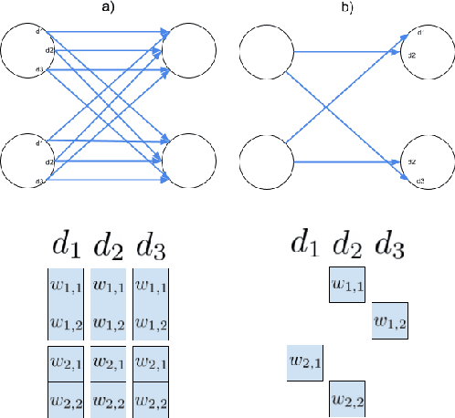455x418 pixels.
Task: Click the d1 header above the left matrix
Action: (x=66, y=246)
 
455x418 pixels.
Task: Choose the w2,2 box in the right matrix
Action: (x=348, y=399)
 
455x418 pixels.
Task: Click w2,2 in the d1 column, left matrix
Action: (x=66, y=399)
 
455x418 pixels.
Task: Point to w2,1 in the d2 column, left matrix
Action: (x=108, y=362)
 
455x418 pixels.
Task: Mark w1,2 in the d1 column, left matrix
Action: (x=66, y=324)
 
